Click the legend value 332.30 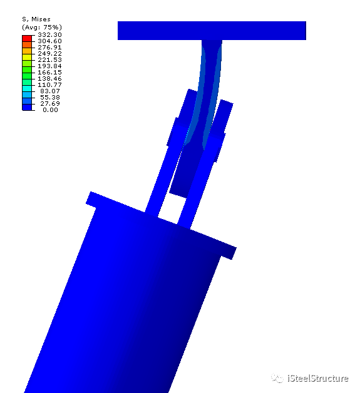point(49,34)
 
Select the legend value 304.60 point(49,41)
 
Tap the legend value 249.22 point(49,53)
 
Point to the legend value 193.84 point(49,66)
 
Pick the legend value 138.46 point(49,78)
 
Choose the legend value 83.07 point(51,91)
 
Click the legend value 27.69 point(51,103)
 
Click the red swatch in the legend point(27,38)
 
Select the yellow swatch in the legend point(27,57)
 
